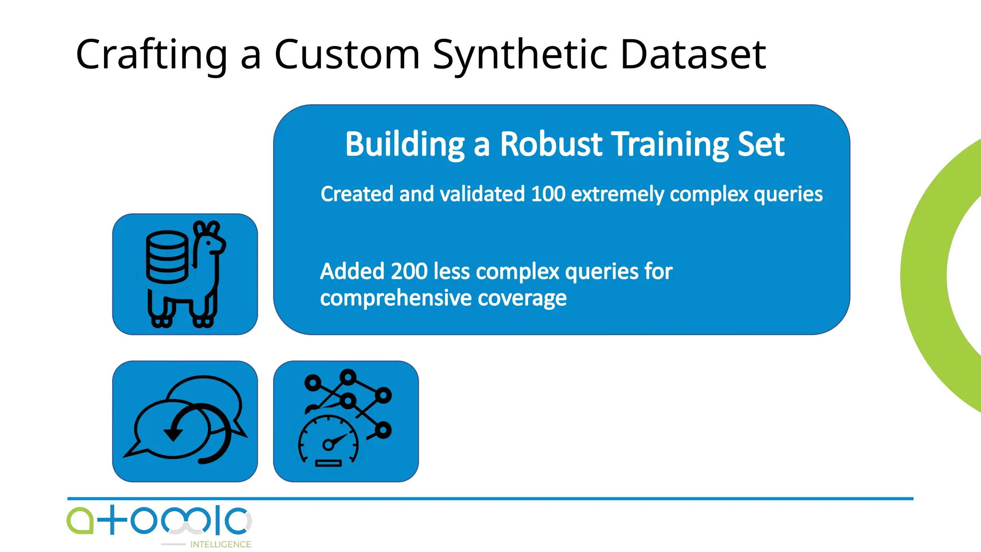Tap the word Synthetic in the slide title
coord(519,55)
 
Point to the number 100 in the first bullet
coord(548,194)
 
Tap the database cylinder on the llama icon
coord(167,257)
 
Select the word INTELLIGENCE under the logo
coord(220,544)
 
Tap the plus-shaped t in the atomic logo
coord(112,519)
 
